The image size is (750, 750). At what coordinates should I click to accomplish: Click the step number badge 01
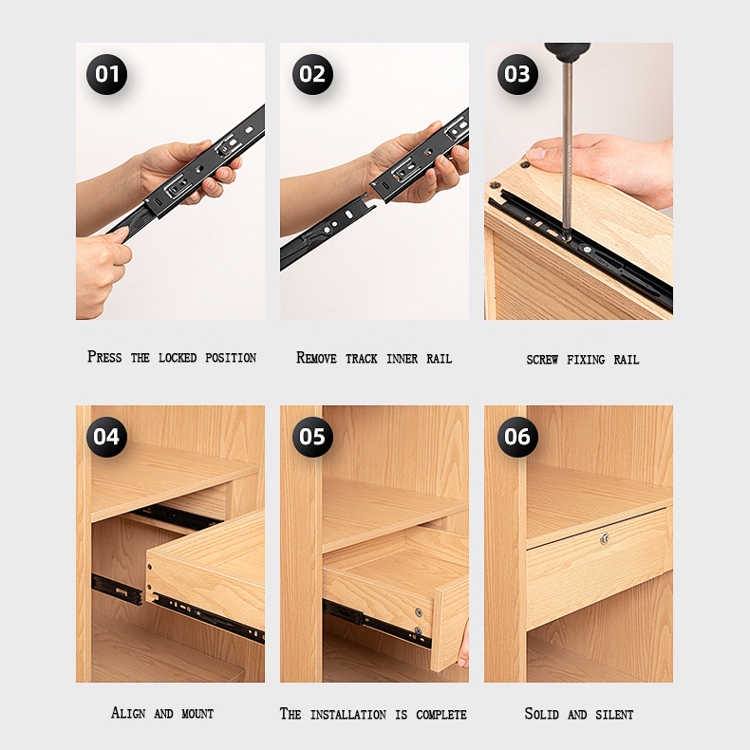tap(106, 74)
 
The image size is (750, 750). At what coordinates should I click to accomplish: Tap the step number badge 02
tap(312, 74)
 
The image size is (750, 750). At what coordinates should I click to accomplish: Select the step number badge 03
tap(517, 74)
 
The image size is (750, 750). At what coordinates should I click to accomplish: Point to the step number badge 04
tap(106, 437)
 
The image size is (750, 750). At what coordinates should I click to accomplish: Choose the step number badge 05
tap(312, 437)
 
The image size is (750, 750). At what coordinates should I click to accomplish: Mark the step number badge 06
tap(517, 437)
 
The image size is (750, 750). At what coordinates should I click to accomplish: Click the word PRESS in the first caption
tap(104, 357)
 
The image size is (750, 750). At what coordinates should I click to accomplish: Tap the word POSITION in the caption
tap(231, 358)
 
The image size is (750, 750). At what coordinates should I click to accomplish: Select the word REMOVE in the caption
tap(316, 358)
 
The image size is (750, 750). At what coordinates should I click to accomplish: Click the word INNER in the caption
tap(402, 359)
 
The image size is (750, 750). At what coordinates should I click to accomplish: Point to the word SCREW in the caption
tap(542, 360)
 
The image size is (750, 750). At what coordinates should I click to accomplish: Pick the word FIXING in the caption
tap(586, 360)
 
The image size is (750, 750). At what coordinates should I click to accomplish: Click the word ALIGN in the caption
tap(128, 713)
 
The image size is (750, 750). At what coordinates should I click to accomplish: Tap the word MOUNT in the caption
tap(197, 714)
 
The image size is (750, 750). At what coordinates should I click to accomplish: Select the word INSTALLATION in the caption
tap(348, 715)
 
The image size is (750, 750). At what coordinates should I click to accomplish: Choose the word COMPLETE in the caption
tap(441, 715)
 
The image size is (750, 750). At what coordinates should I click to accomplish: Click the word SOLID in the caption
tap(541, 714)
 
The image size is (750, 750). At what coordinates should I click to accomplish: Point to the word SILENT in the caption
tap(614, 715)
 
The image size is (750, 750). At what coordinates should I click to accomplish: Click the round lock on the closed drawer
tap(605, 538)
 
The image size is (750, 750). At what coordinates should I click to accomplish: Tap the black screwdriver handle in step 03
tap(568, 50)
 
